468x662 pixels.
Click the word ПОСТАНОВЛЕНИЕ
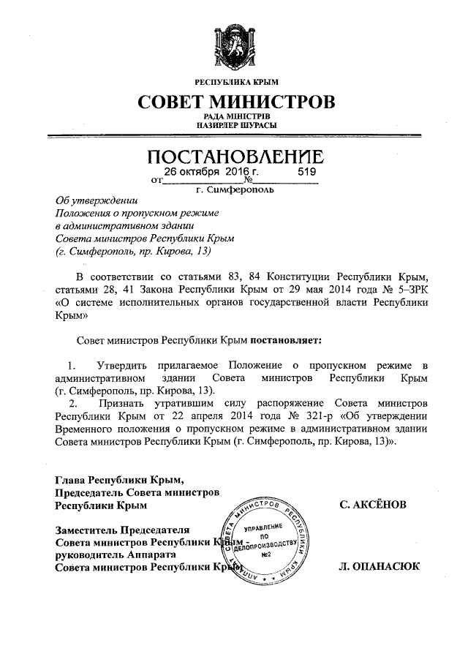(234, 157)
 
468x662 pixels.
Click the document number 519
(308, 171)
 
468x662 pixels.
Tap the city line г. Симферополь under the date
(235, 190)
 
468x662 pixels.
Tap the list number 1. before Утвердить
(72, 365)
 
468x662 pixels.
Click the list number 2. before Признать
(72, 402)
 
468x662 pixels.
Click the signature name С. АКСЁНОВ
(374, 505)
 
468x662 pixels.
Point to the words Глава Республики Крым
(117, 480)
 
